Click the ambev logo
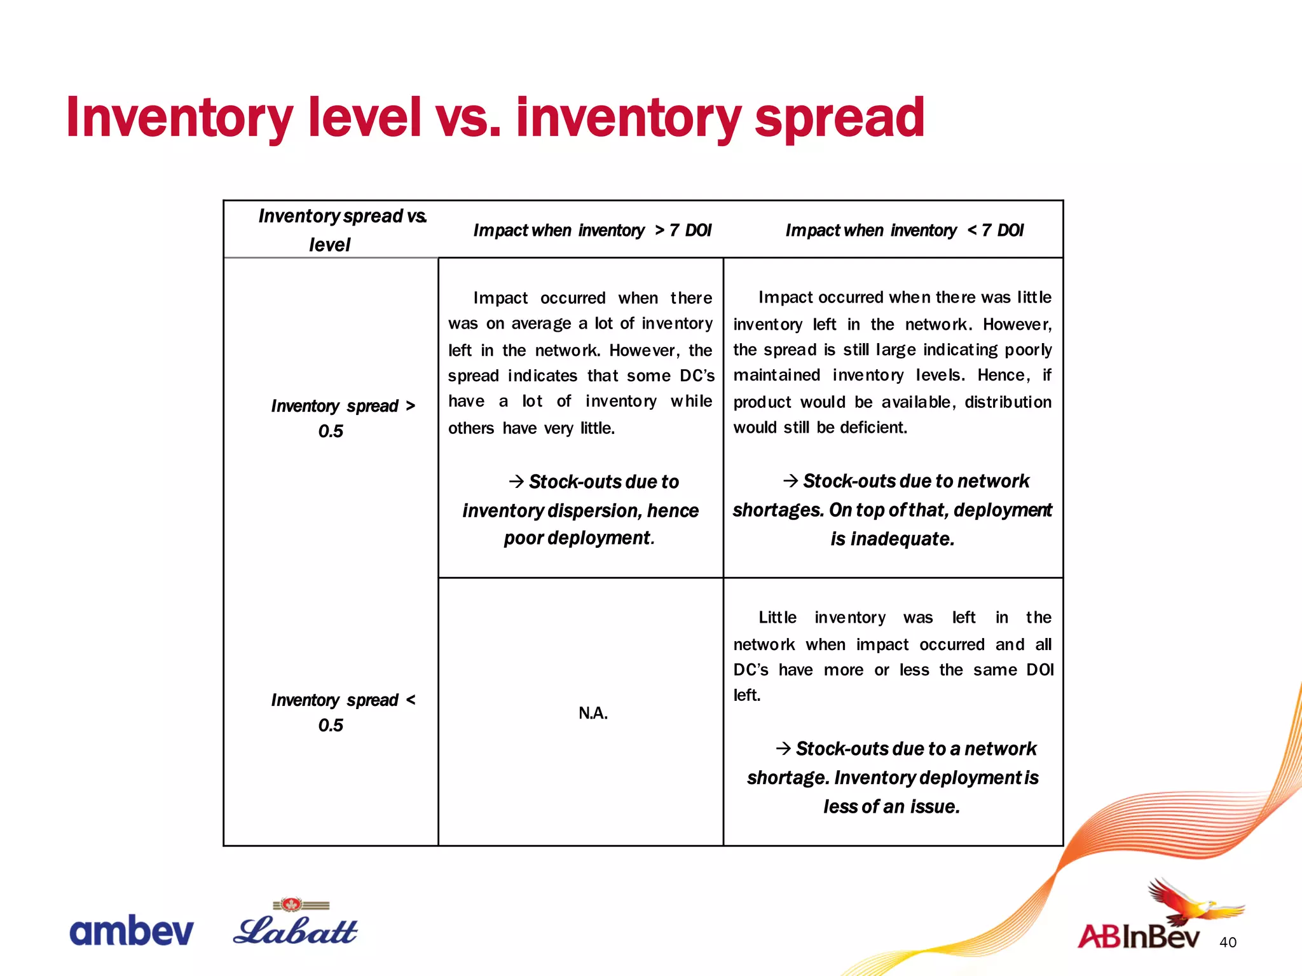131,931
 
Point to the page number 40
1228,942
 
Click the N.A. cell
593,714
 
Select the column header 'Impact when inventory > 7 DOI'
592,230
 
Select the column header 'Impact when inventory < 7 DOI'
904,230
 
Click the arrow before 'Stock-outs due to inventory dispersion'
516,482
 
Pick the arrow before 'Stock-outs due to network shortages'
790,480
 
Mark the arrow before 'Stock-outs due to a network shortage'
783,749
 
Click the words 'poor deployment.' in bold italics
579,538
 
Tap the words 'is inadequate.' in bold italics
892,539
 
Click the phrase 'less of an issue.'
891,806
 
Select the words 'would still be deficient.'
819,428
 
